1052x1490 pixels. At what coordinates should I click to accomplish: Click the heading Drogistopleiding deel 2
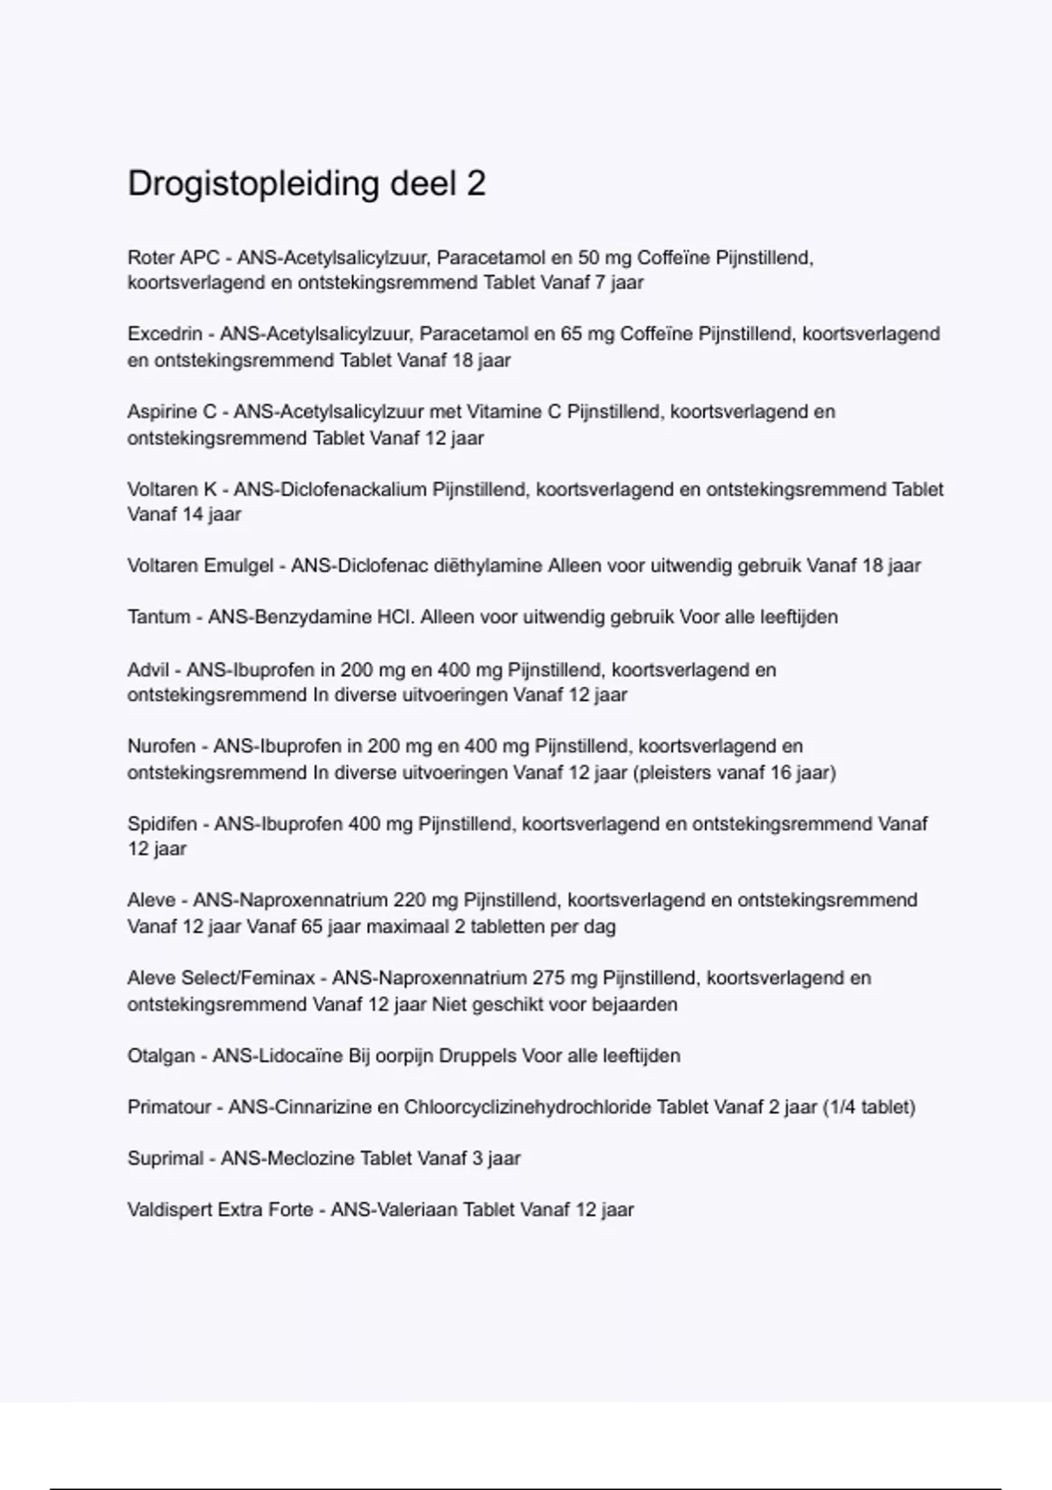pyautogui.click(x=306, y=184)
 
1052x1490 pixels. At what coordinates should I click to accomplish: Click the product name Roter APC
pyautogui.click(x=173, y=258)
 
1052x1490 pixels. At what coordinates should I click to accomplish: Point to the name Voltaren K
pyautogui.click(x=172, y=489)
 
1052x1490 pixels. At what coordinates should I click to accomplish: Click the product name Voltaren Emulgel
pyautogui.click(x=200, y=565)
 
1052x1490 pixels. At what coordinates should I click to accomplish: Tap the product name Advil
pyautogui.click(x=148, y=670)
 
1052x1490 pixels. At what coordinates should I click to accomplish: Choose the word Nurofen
pyautogui.click(x=161, y=746)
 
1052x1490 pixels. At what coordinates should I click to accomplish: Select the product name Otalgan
pyautogui.click(x=161, y=1055)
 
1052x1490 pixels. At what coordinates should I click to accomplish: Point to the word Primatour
pyautogui.click(x=169, y=1107)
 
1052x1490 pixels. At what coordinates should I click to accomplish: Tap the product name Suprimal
pyautogui.click(x=166, y=1158)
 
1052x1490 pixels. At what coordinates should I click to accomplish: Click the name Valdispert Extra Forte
pyautogui.click(x=220, y=1210)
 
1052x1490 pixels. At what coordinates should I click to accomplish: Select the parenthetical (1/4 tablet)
pyautogui.click(x=869, y=1107)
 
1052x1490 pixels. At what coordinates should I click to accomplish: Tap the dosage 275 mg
pyautogui.click(x=565, y=978)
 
